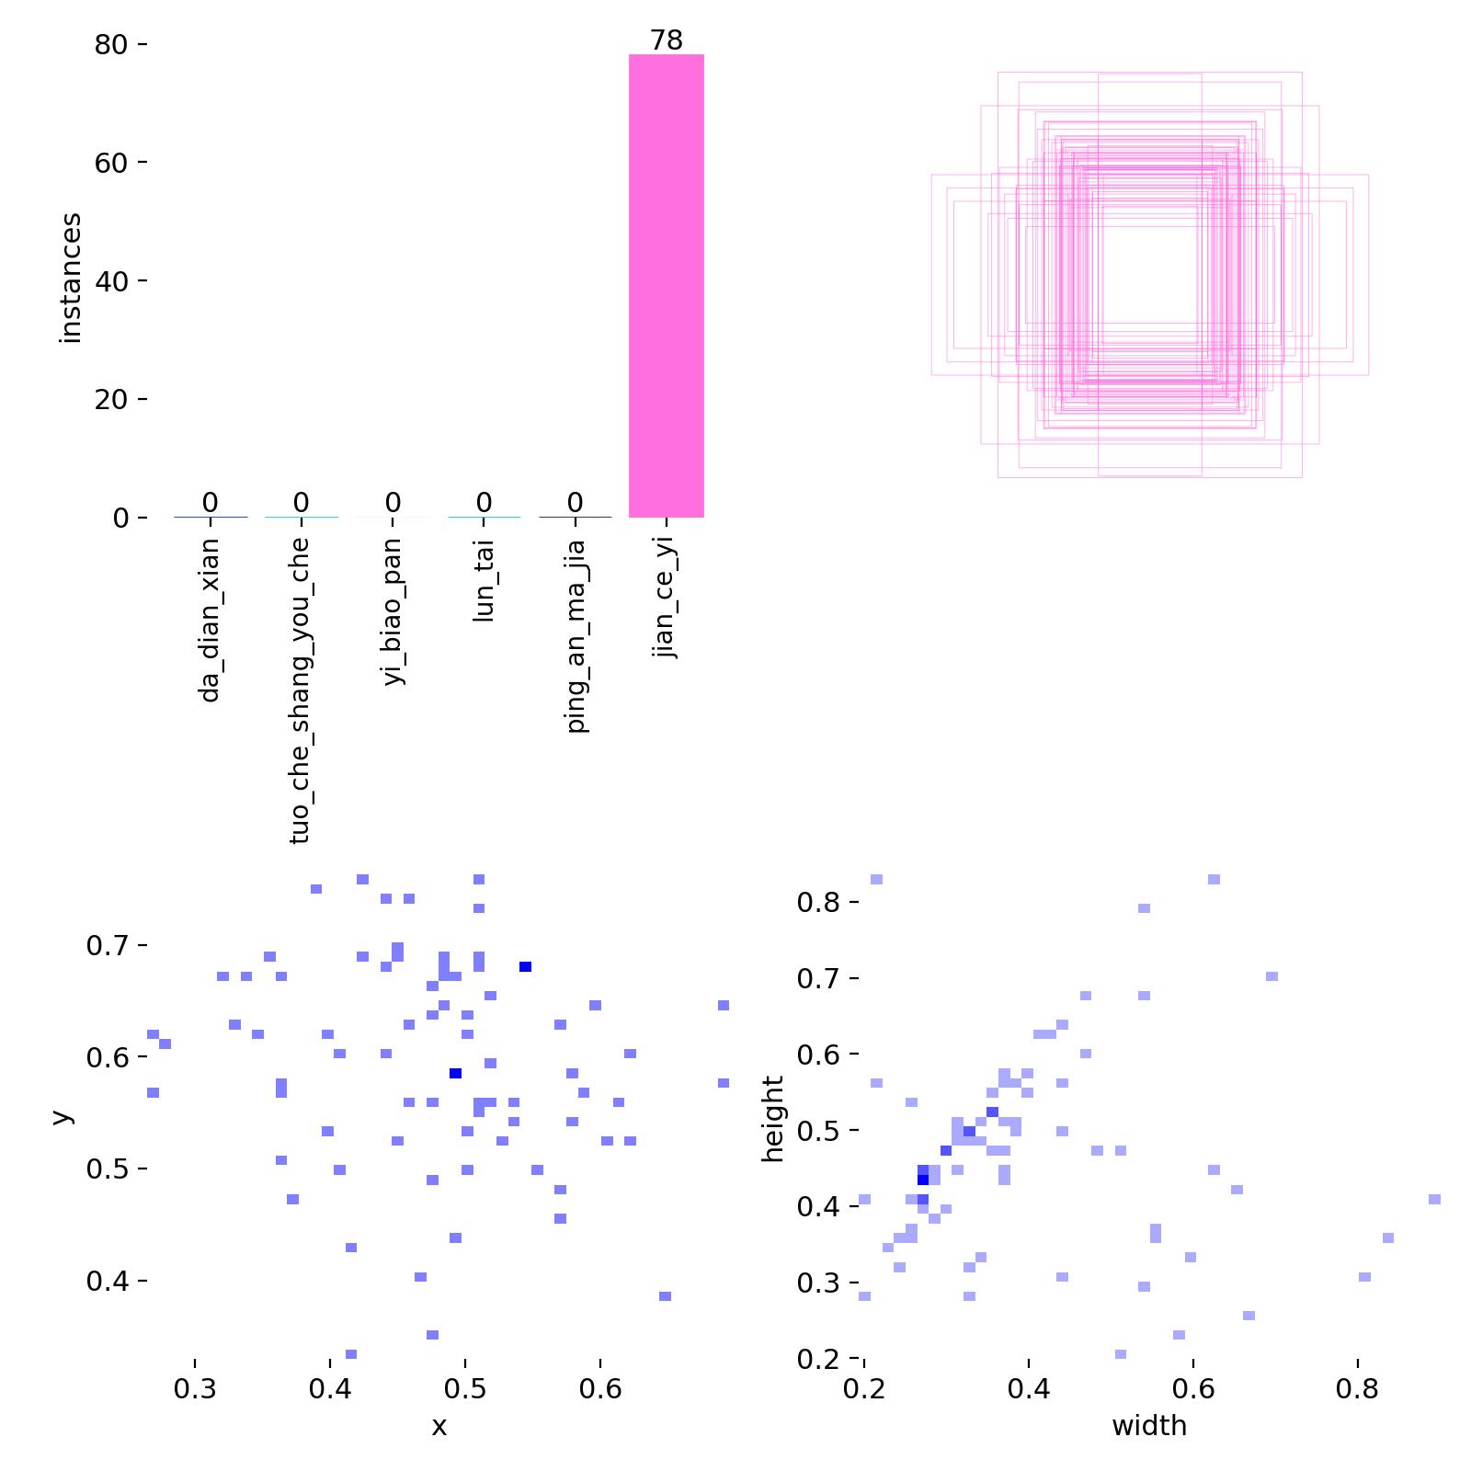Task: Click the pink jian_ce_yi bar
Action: pos(666,285)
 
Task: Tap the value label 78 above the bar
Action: pos(666,40)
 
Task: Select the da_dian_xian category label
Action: pos(210,620)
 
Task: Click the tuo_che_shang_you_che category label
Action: pos(300,690)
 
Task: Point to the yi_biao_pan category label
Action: pos(393,612)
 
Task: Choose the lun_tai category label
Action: pos(484,581)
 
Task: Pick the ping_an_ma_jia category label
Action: pos(576,635)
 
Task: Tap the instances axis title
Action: pos(71,278)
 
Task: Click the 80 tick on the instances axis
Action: pos(110,44)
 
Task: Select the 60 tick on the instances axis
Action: pos(110,163)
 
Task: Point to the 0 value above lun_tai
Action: pos(484,503)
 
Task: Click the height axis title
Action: pos(773,1119)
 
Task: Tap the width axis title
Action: pos(1149,1426)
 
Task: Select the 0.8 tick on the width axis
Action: pos(1357,1388)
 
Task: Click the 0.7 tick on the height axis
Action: pos(818,978)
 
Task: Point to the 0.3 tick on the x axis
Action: pos(195,1388)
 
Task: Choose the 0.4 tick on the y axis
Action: pos(108,1281)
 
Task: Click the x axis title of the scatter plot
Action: pos(439,1426)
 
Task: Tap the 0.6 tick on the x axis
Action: pos(600,1388)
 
